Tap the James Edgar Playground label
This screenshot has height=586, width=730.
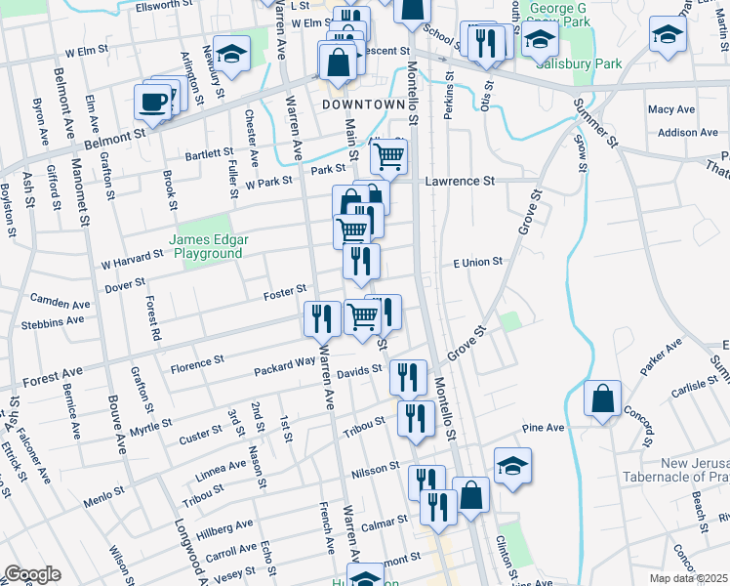point(206,246)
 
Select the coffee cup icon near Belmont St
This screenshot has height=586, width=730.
point(153,101)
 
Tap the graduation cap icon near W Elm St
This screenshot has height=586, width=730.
point(231,54)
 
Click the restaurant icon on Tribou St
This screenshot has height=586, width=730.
point(417,419)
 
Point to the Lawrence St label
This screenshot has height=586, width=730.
point(460,181)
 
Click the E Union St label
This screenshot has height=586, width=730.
point(477,262)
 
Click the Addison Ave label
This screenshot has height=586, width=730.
point(688,133)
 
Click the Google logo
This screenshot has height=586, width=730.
point(32,574)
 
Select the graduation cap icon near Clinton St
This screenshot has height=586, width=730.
point(511,466)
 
